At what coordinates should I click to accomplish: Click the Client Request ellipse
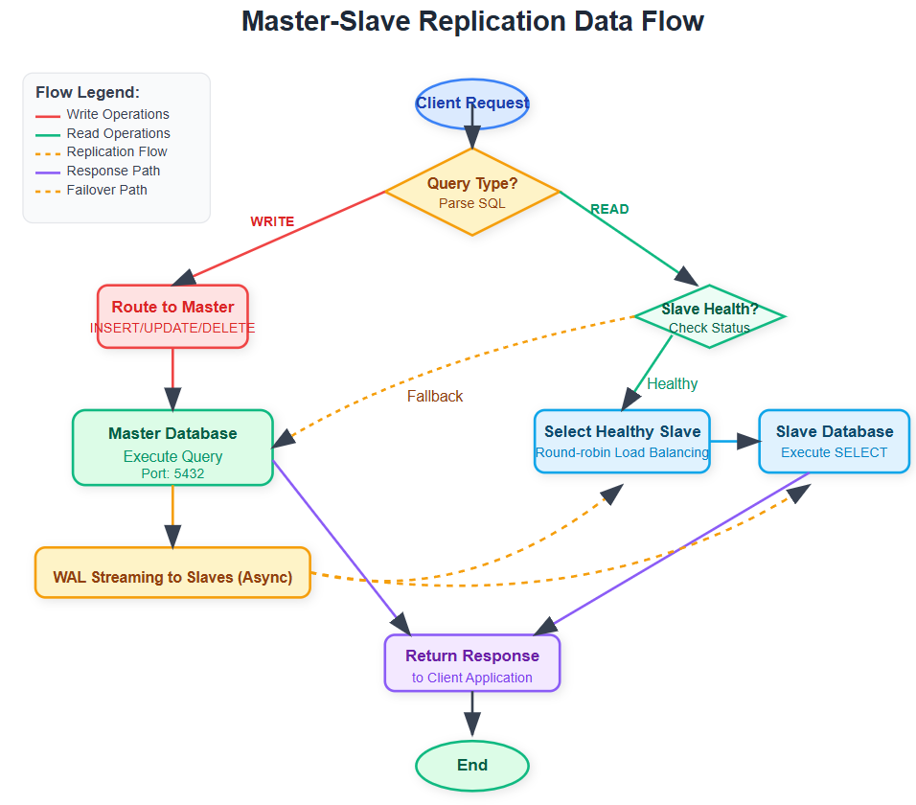tap(471, 103)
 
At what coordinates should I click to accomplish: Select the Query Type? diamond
tap(471, 191)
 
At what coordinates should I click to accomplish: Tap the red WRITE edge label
tap(272, 221)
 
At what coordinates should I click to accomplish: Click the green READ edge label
tap(609, 209)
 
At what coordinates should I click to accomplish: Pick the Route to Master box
tap(172, 316)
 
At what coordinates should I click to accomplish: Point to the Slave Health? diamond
tap(709, 316)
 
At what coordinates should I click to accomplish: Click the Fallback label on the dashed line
tap(434, 396)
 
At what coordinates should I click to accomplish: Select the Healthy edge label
tap(672, 383)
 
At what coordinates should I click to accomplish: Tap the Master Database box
tap(172, 448)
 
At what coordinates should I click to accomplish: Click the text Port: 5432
tap(172, 472)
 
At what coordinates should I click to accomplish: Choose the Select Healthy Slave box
tap(622, 441)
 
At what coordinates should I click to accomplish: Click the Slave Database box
tap(834, 441)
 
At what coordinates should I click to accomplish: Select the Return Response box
tap(471, 663)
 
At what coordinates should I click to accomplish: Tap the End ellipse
tap(471, 765)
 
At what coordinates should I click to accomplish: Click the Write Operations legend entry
tap(117, 114)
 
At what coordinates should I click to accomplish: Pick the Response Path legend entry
tap(113, 171)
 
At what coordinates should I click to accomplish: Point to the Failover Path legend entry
tap(106, 190)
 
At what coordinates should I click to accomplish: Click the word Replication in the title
tap(499, 21)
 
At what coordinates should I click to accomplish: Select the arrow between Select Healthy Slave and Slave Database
tap(734, 442)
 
